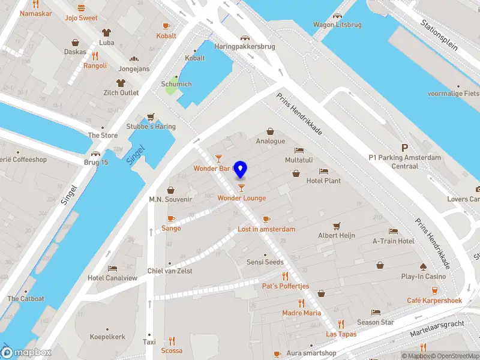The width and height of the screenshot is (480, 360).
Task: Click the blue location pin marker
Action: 241,169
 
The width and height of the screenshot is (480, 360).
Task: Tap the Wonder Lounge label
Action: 241,198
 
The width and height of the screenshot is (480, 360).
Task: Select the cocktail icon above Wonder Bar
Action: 219,158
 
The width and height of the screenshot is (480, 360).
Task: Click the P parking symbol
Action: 405,147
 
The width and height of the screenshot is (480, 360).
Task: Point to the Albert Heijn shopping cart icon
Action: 336,226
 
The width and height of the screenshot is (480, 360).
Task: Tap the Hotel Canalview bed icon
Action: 112,268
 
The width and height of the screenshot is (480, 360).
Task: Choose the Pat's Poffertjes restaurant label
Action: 285,286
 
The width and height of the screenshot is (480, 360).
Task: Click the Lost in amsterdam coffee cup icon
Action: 266,219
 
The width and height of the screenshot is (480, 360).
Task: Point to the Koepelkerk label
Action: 107,337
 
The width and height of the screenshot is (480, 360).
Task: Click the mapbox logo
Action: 26,353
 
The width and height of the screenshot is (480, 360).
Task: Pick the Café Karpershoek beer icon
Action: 427,290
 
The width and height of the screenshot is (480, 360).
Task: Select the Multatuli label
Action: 298,161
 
